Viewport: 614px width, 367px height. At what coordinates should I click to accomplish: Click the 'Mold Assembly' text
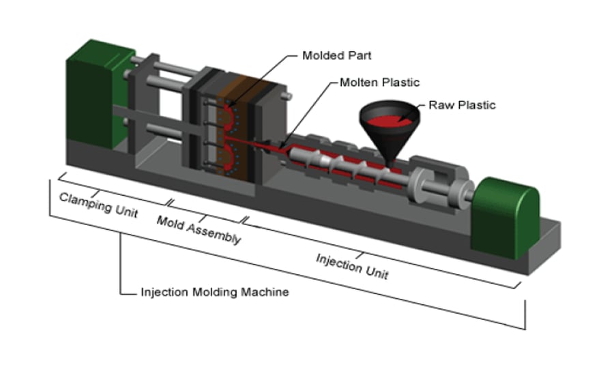(x=199, y=230)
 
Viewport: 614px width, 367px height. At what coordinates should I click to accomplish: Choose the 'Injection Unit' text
(x=352, y=266)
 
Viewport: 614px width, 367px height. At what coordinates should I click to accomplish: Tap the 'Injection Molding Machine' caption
(x=214, y=292)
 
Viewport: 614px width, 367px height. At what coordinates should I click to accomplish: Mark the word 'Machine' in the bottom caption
(x=265, y=292)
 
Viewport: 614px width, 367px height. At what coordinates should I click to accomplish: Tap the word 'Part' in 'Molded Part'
(x=361, y=55)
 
